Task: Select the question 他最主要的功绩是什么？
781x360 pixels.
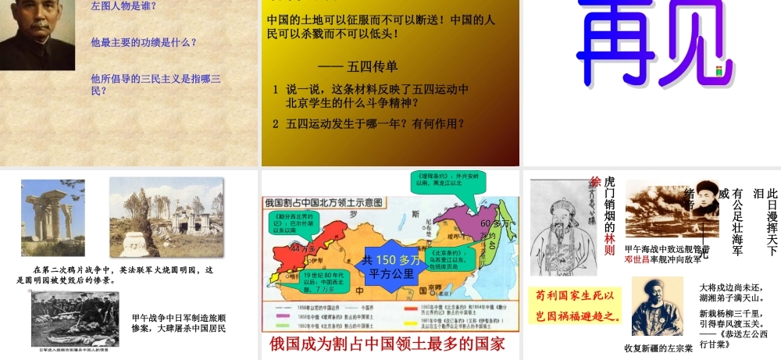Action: [144, 42]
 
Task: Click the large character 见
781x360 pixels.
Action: [686, 43]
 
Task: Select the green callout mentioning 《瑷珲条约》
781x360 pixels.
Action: [445, 184]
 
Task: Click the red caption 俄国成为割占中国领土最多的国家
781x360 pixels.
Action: [388, 344]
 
